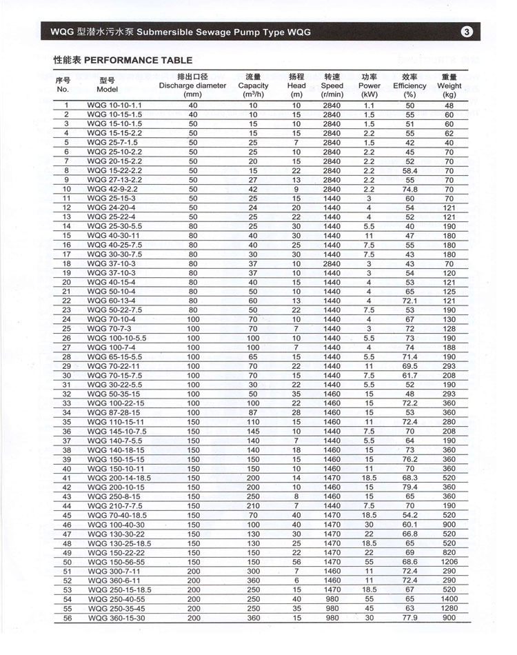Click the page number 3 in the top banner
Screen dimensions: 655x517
466,32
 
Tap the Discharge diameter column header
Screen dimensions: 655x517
192,85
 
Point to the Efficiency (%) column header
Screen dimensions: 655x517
409,85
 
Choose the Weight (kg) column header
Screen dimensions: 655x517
449,85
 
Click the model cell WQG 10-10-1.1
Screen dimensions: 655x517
114,105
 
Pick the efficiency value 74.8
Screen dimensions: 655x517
409,189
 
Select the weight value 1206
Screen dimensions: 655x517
449,562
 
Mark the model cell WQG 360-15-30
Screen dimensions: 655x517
116,618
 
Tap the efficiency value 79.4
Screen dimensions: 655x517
409,487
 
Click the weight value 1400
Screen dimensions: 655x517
449,599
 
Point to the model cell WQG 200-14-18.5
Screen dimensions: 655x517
119,478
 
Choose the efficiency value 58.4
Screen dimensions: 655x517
409,170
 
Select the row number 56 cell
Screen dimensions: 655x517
68,618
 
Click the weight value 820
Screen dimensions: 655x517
449,552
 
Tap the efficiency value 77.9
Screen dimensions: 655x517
409,618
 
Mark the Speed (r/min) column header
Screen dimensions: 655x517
332,85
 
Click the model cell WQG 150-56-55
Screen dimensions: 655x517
116,562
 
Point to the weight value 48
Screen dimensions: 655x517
449,105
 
